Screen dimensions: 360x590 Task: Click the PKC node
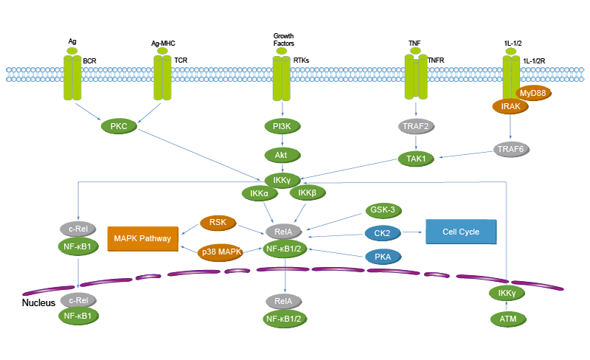click(x=118, y=127)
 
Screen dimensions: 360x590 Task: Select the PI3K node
click(x=281, y=127)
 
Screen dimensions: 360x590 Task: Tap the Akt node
click(x=281, y=156)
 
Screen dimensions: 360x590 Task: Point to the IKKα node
click(x=259, y=193)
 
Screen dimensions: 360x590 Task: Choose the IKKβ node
click(x=307, y=193)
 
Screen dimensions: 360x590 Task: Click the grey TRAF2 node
click(x=417, y=127)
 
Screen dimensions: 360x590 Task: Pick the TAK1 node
click(x=417, y=158)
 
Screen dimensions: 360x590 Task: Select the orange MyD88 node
click(x=532, y=94)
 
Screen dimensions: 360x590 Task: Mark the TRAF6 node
click(x=510, y=149)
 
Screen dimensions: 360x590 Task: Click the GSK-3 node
click(x=382, y=210)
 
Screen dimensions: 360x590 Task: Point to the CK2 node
click(x=382, y=233)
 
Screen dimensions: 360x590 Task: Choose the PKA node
click(x=382, y=257)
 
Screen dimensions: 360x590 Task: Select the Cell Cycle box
click(x=461, y=232)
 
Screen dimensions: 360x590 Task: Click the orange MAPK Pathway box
click(x=142, y=238)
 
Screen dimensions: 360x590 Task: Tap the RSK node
click(x=218, y=221)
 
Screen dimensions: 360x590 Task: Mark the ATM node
click(x=508, y=319)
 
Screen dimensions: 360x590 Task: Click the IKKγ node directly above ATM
click(x=507, y=294)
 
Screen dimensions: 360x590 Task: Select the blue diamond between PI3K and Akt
click(x=281, y=140)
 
